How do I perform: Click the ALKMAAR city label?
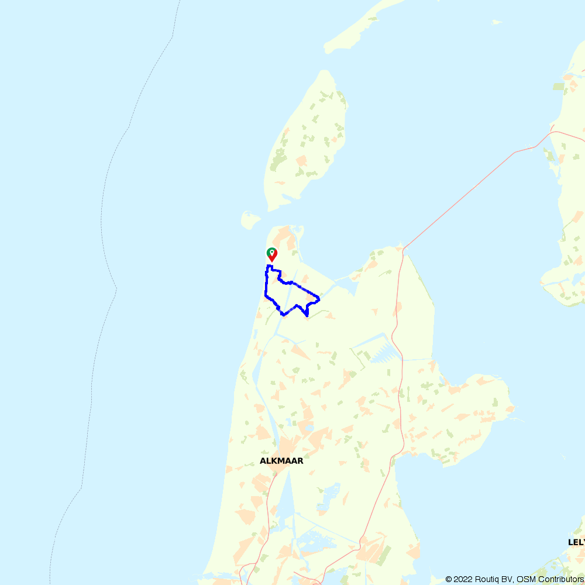tap(281, 461)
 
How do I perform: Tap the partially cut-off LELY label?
tap(576, 542)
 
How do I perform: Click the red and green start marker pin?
tap(272, 254)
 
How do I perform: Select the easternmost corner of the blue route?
tap(319, 300)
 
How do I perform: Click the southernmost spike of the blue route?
tap(307, 316)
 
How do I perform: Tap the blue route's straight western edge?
tap(266, 284)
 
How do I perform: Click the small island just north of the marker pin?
tap(251, 220)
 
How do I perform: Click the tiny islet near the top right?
tap(497, 22)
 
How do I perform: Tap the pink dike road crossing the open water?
tap(468, 187)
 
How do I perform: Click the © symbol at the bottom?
tap(449, 579)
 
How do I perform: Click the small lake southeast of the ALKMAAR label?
tap(329, 494)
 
